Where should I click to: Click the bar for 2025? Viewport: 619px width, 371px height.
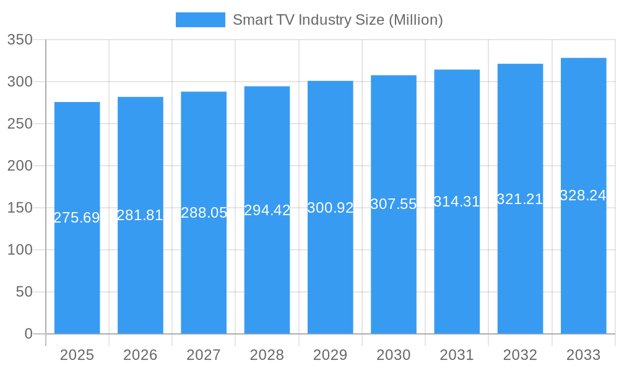(77, 272)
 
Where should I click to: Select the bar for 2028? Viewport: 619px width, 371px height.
(267, 272)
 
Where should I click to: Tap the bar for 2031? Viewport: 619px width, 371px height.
(457, 272)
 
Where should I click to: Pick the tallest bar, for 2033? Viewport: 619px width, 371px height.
(583, 272)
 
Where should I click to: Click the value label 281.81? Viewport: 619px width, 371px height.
(140, 215)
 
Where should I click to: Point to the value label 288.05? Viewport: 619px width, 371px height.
(204, 213)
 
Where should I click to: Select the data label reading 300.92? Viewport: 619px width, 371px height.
(330, 208)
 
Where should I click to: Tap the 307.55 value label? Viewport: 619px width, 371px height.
(394, 204)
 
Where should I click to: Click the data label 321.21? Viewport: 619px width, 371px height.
(520, 199)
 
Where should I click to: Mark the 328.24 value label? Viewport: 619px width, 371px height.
(583, 195)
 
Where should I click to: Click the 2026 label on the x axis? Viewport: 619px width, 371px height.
(140, 355)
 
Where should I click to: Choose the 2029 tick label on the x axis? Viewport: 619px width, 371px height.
(330, 355)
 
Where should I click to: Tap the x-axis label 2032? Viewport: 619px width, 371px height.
(520, 355)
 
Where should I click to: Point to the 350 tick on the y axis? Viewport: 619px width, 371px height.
(20, 40)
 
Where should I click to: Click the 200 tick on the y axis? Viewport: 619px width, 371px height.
(20, 166)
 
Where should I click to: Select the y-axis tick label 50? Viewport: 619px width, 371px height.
(24, 292)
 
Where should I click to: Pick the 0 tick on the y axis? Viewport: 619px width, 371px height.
(28, 334)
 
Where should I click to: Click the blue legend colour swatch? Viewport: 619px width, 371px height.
(200, 20)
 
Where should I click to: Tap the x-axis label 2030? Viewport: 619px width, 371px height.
(394, 355)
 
